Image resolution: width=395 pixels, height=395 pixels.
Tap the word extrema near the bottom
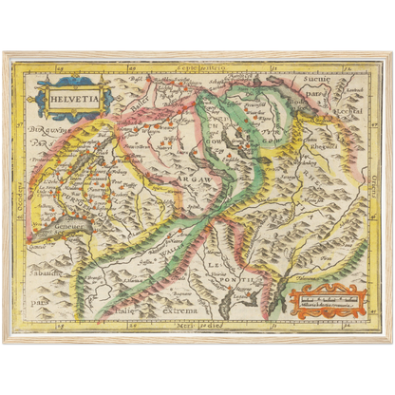(x=178, y=310)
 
